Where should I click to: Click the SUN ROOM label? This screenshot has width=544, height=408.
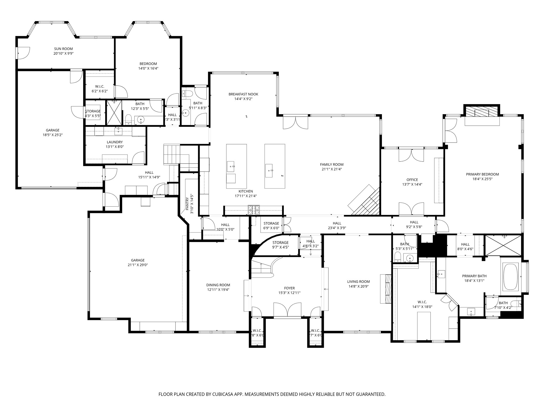pyautogui.click(x=63, y=49)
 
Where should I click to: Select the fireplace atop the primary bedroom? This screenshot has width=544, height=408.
pyautogui.click(x=482, y=113)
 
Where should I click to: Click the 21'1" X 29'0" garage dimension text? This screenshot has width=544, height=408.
pyautogui.click(x=138, y=265)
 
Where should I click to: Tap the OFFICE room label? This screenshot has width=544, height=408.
pyautogui.click(x=412, y=180)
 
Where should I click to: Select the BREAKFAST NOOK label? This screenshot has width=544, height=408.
pyautogui.click(x=243, y=94)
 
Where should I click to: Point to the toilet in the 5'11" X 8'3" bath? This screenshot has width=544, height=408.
pyautogui.click(x=188, y=93)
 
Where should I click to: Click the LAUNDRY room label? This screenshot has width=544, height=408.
pyautogui.click(x=114, y=142)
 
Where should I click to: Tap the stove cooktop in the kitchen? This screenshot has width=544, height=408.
pyautogui.click(x=254, y=210)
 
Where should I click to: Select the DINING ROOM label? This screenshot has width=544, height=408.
pyautogui.click(x=218, y=285)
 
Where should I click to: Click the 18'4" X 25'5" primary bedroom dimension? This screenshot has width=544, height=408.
pyautogui.click(x=482, y=179)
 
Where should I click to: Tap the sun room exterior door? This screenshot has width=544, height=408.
pyautogui.click(x=23, y=53)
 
